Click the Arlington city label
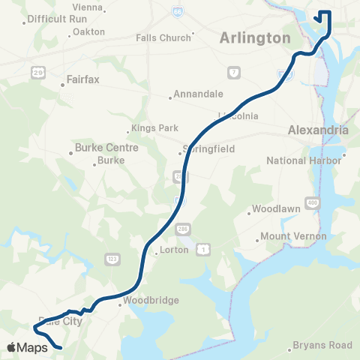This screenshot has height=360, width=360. coord(254,38)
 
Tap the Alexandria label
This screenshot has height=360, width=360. coord(318,130)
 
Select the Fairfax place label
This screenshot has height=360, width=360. coord(83,78)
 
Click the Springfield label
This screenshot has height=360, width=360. coord(208,148)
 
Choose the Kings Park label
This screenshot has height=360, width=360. coord(154,128)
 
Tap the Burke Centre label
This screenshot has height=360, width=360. coord(106,148)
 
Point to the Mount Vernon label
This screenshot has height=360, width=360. coord(294,236)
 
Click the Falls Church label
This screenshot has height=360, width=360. coord(163,37)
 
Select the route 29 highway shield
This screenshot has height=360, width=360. coord(37,71)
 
